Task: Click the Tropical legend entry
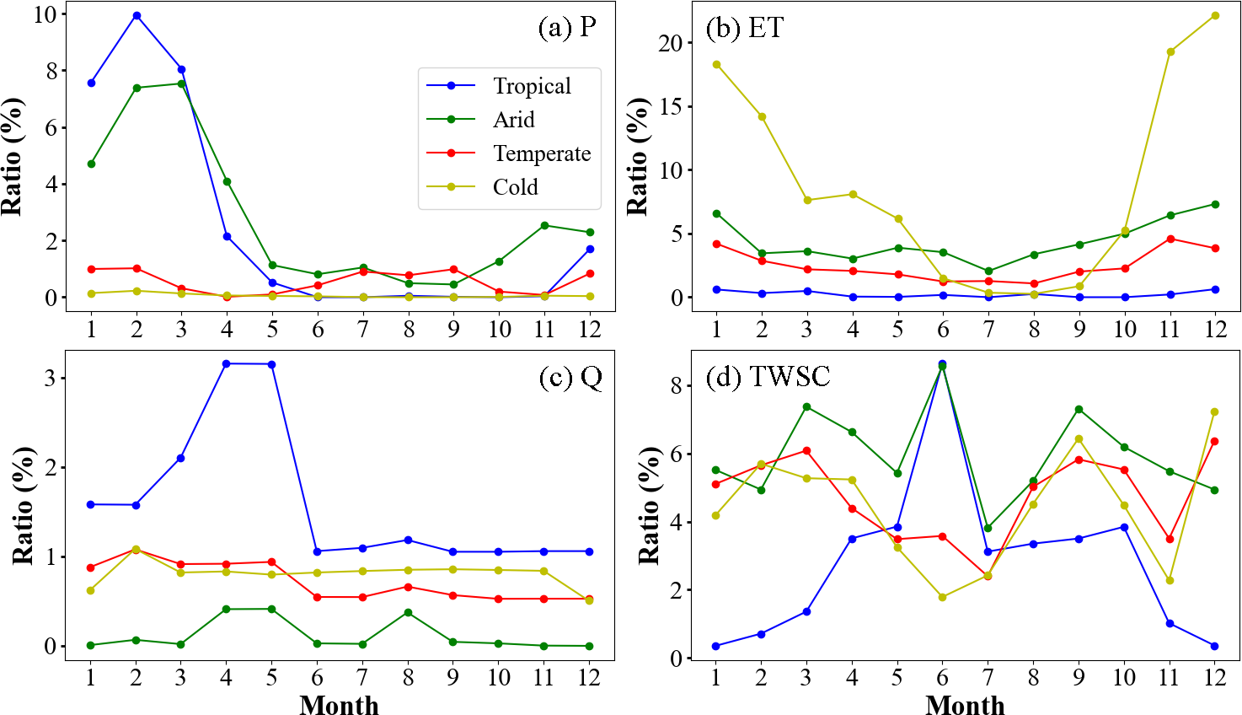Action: tap(532, 86)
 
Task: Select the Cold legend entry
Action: tap(515, 187)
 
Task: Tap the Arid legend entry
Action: tap(513, 120)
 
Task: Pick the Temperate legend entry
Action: tap(542, 153)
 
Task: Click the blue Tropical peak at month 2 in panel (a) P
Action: tap(137, 16)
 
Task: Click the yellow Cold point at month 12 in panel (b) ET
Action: tap(1215, 15)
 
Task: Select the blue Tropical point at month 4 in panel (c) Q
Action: tap(227, 363)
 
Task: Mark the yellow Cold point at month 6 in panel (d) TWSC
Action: tap(943, 597)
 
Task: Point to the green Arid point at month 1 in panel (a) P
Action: tap(91, 164)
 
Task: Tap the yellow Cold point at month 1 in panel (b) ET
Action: tap(716, 64)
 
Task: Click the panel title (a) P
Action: tap(567, 28)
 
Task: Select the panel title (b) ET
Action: tap(745, 28)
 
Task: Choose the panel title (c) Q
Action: tap(570, 377)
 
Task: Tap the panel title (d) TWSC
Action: tap(768, 376)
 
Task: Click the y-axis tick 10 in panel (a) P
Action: tap(46, 14)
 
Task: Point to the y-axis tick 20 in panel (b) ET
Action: tap(671, 43)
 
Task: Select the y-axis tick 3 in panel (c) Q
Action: tap(50, 378)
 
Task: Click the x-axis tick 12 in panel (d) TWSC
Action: tap(1215, 678)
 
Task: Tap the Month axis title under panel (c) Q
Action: tap(339, 705)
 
